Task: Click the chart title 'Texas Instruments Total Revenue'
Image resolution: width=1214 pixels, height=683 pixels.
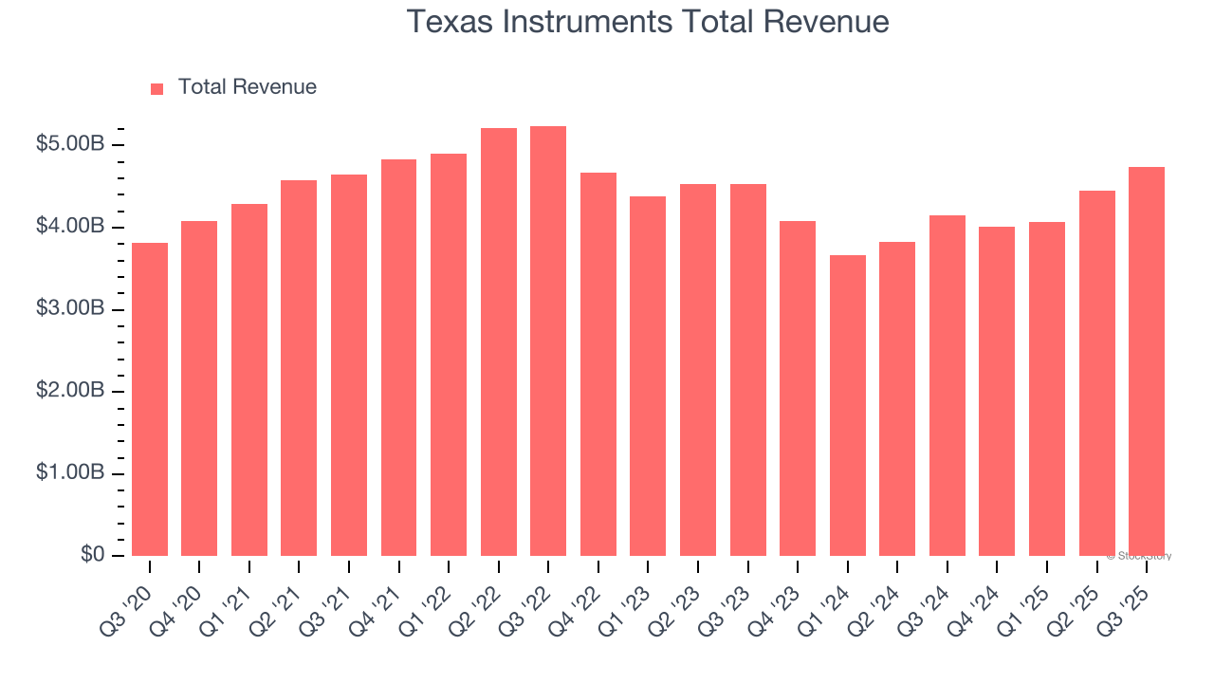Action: [x=648, y=22]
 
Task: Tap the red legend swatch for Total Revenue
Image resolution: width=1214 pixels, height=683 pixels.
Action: [x=157, y=88]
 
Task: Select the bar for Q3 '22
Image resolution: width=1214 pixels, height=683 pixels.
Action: [x=548, y=341]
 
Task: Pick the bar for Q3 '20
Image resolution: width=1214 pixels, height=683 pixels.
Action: [x=150, y=399]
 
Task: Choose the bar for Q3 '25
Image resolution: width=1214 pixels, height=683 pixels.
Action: [x=1147, y=361]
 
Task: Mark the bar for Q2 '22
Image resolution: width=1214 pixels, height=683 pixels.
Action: [x=499, y=342]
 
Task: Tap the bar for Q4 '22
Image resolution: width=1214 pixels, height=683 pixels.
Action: [x=598, y=364]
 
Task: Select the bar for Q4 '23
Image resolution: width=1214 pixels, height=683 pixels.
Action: [x=798, y=389]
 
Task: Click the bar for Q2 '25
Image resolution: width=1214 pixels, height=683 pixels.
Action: [x=1096, y=374]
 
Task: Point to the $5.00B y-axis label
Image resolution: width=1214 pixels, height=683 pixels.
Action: [x=70, y=145]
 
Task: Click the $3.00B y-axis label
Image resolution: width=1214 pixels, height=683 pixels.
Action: [x=70, y=309]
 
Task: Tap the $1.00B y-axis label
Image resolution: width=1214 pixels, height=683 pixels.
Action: [x=70, y=473]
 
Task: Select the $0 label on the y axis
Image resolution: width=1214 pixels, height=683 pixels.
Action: [x=92, y=555]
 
